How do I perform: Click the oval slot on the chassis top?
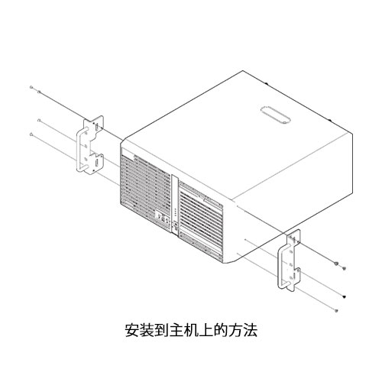pyautogui.click(x=275, y=115)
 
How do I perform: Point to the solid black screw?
pyautogui.click(x=345, y=296)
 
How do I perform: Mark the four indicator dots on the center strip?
pyautogui.click(x=175, y=212)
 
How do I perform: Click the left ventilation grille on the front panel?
pyautogui.click(x=145, y=192)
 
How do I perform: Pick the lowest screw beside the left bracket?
pyautogui.click(x=31, y=134)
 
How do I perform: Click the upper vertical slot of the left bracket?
pyautogui.click(x=97, y=127)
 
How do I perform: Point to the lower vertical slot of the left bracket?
pyautogui.click(x=97, y=163)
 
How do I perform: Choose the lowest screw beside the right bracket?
pyautogui.click(x=337, y=310)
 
